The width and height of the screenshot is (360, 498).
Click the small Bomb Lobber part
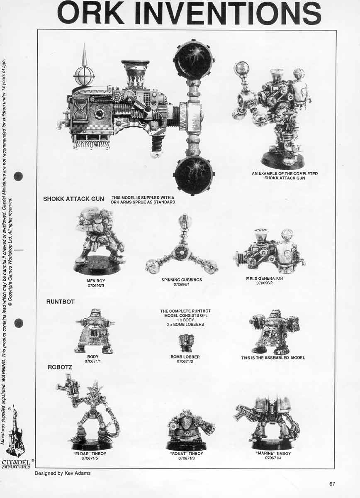(x=185, y=343)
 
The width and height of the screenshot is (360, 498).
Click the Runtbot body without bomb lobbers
(x=94, y=332)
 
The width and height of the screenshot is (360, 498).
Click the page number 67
(x=332, y=483)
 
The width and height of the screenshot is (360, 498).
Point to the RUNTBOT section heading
(x=61, y=302)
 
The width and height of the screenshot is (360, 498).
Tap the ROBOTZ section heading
(x=60, y=367)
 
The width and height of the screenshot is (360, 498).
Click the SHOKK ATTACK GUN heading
(x=73, y=199)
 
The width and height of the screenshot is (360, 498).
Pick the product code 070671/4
(x=273, y=458)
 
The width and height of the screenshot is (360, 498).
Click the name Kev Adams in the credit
(x=78, y=473)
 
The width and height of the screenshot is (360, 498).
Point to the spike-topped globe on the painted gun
(x=84, y=71)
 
